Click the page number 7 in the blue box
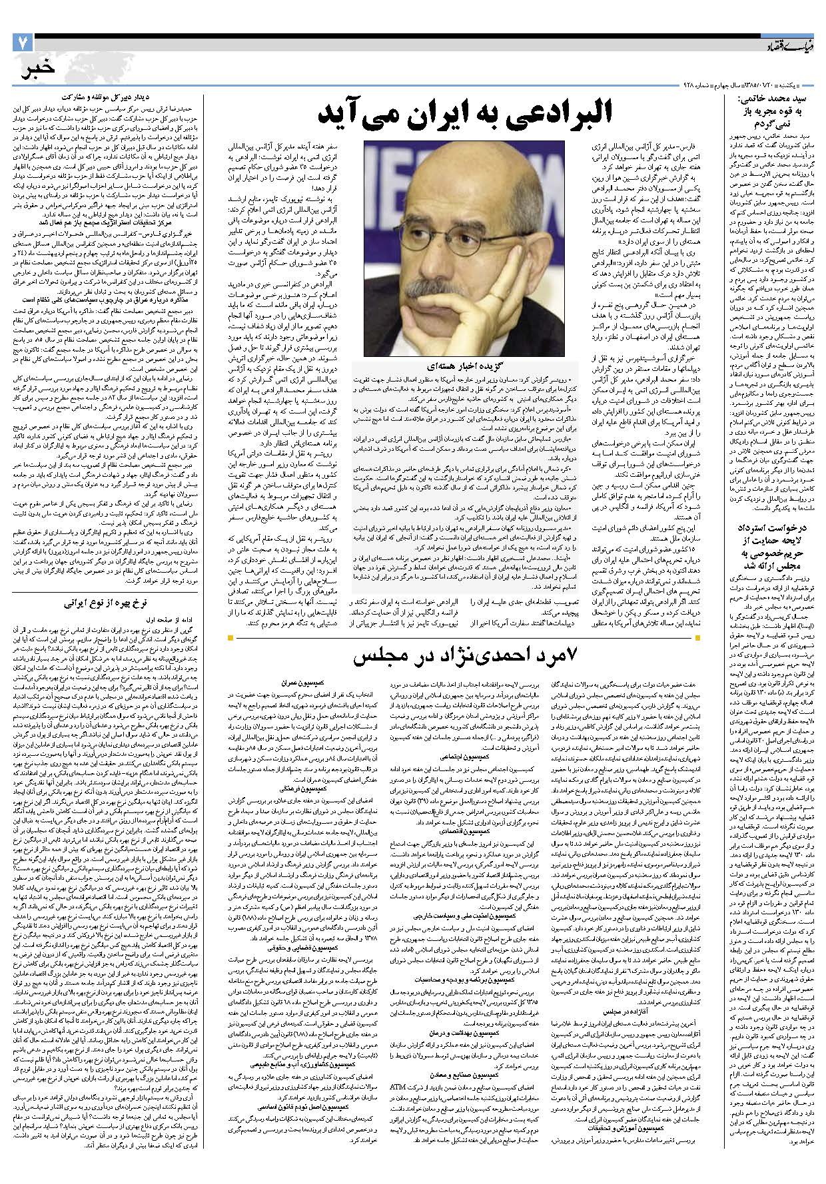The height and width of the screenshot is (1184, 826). [22, 44]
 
